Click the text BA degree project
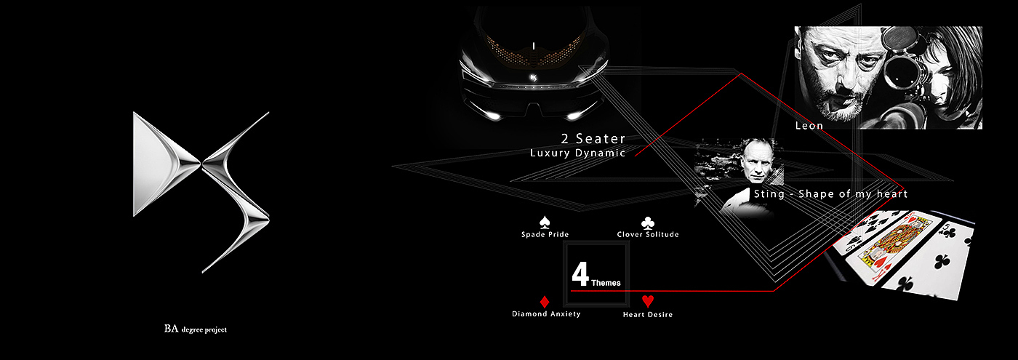196,329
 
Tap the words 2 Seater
593,138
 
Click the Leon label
809,126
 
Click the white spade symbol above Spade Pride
545,222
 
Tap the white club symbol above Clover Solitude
647,223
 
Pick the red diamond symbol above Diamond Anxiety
545,301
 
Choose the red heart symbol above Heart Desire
648,301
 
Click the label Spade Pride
545,235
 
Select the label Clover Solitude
648,235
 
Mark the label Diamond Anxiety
546,314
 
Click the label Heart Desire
648,315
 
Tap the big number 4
580,275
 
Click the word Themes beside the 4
606,282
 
